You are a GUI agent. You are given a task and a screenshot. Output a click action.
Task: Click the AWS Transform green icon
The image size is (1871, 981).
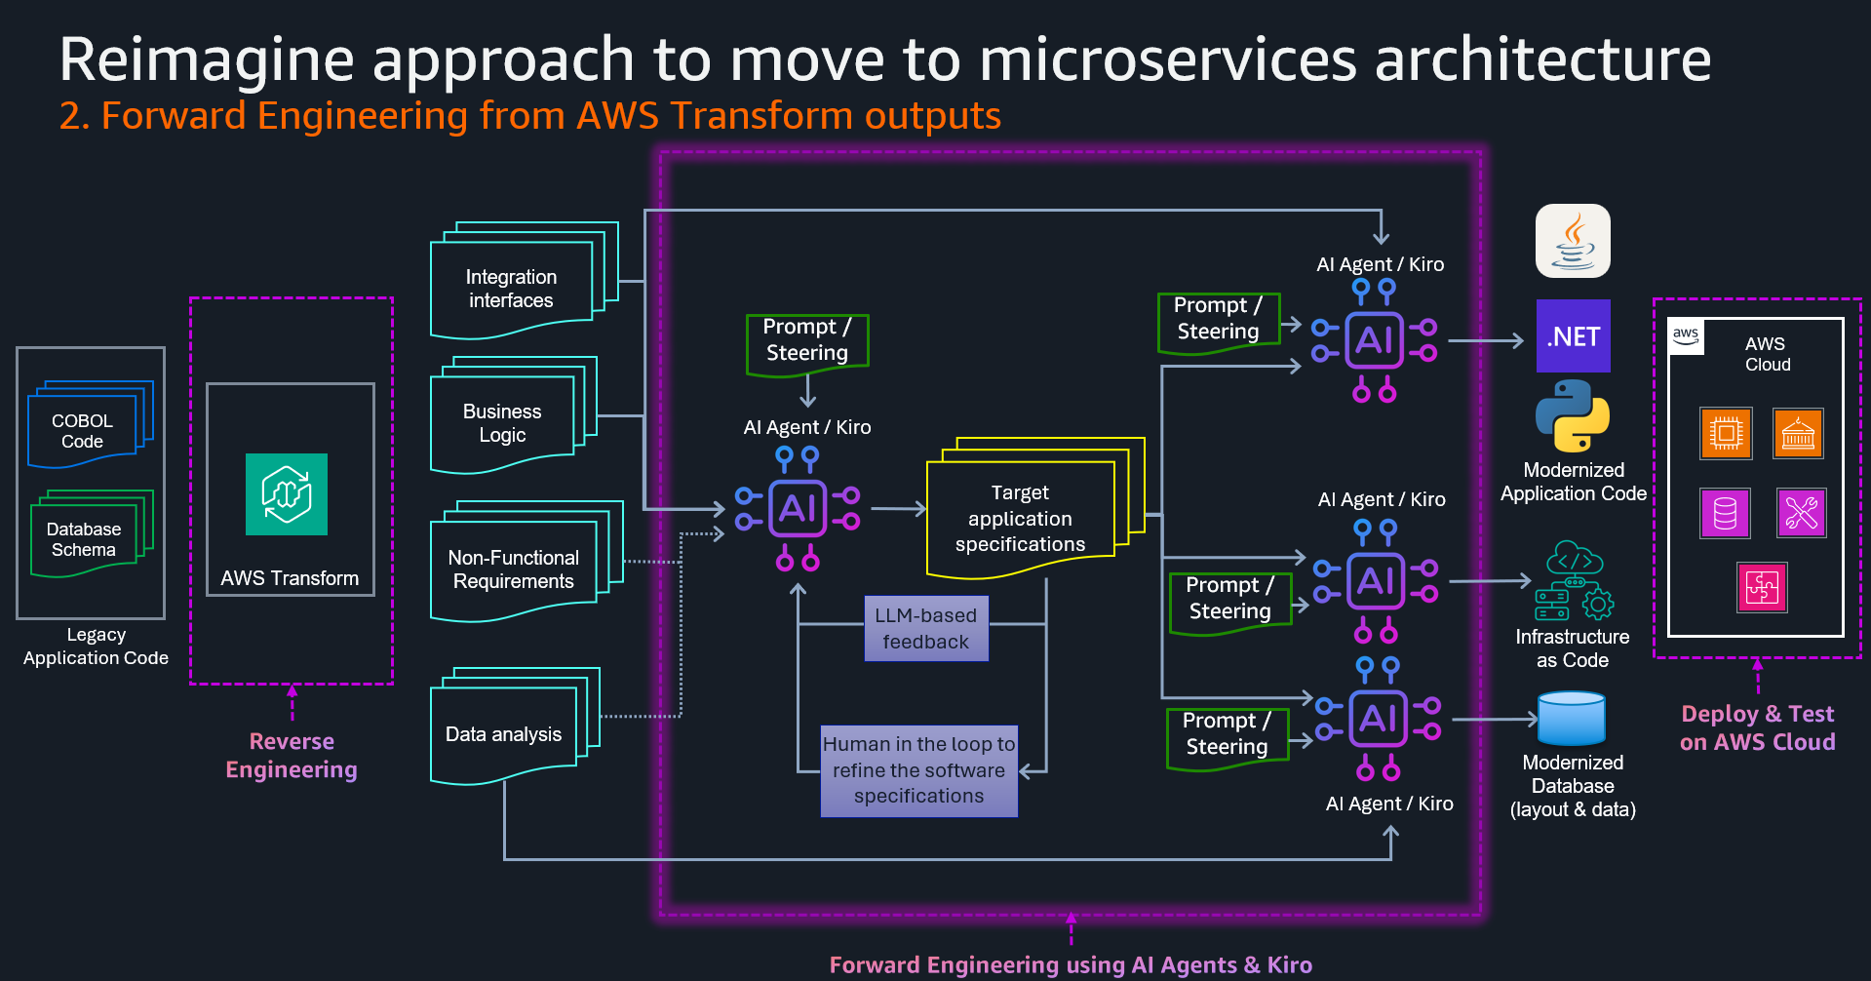coord(286,494)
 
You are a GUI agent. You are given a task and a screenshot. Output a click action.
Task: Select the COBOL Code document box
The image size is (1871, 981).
coord(83,430)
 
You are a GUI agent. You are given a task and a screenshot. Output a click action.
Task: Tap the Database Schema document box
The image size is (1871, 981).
coord(84,538)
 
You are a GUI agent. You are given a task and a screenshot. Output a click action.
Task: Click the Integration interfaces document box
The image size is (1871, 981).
coord(511,289)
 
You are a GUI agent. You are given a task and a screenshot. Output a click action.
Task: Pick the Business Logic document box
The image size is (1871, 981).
coord(502,423)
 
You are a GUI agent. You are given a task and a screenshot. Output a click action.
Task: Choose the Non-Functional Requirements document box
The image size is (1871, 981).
coord(513,569)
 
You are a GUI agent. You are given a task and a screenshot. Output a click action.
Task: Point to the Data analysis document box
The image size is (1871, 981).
coord(503,734)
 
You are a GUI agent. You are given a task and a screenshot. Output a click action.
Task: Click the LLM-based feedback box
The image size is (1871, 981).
coord(925,628)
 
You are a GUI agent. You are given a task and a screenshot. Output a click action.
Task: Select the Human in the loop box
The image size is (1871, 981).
coord(918,770)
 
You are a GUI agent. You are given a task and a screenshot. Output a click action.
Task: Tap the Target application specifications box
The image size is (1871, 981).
coord(1020,518)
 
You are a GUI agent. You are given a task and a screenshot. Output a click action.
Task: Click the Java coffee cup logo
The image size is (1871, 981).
coord(1573,241)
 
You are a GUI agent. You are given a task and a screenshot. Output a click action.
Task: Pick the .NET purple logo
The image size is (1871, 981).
coord(1573,336)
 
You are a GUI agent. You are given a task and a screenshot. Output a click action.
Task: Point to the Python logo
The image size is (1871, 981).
coord(1572,415)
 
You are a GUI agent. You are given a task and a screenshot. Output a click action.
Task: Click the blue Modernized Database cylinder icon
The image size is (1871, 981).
coord(1571,719)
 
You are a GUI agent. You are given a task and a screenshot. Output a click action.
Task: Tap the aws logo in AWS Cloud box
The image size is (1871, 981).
coord(1686,335)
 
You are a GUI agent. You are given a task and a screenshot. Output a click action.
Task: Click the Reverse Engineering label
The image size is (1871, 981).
coord(292,755)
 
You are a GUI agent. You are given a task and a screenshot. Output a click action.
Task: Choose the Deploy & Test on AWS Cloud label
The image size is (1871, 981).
coord(1757,727)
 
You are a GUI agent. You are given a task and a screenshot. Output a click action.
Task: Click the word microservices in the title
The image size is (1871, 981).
coord(1167,59)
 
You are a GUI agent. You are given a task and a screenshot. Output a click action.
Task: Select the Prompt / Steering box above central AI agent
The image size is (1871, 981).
coord(806,340)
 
